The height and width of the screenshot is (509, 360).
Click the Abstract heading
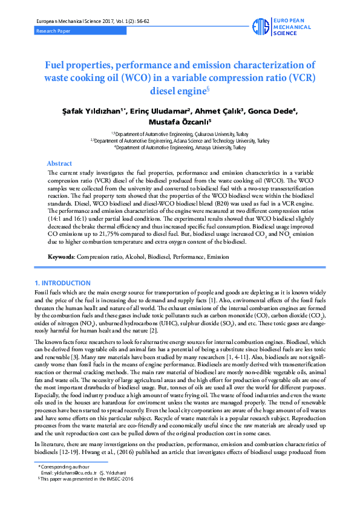point(59,163)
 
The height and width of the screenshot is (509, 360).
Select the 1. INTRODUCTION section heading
point(63,283)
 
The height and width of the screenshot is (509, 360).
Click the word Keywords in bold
point(61,258)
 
